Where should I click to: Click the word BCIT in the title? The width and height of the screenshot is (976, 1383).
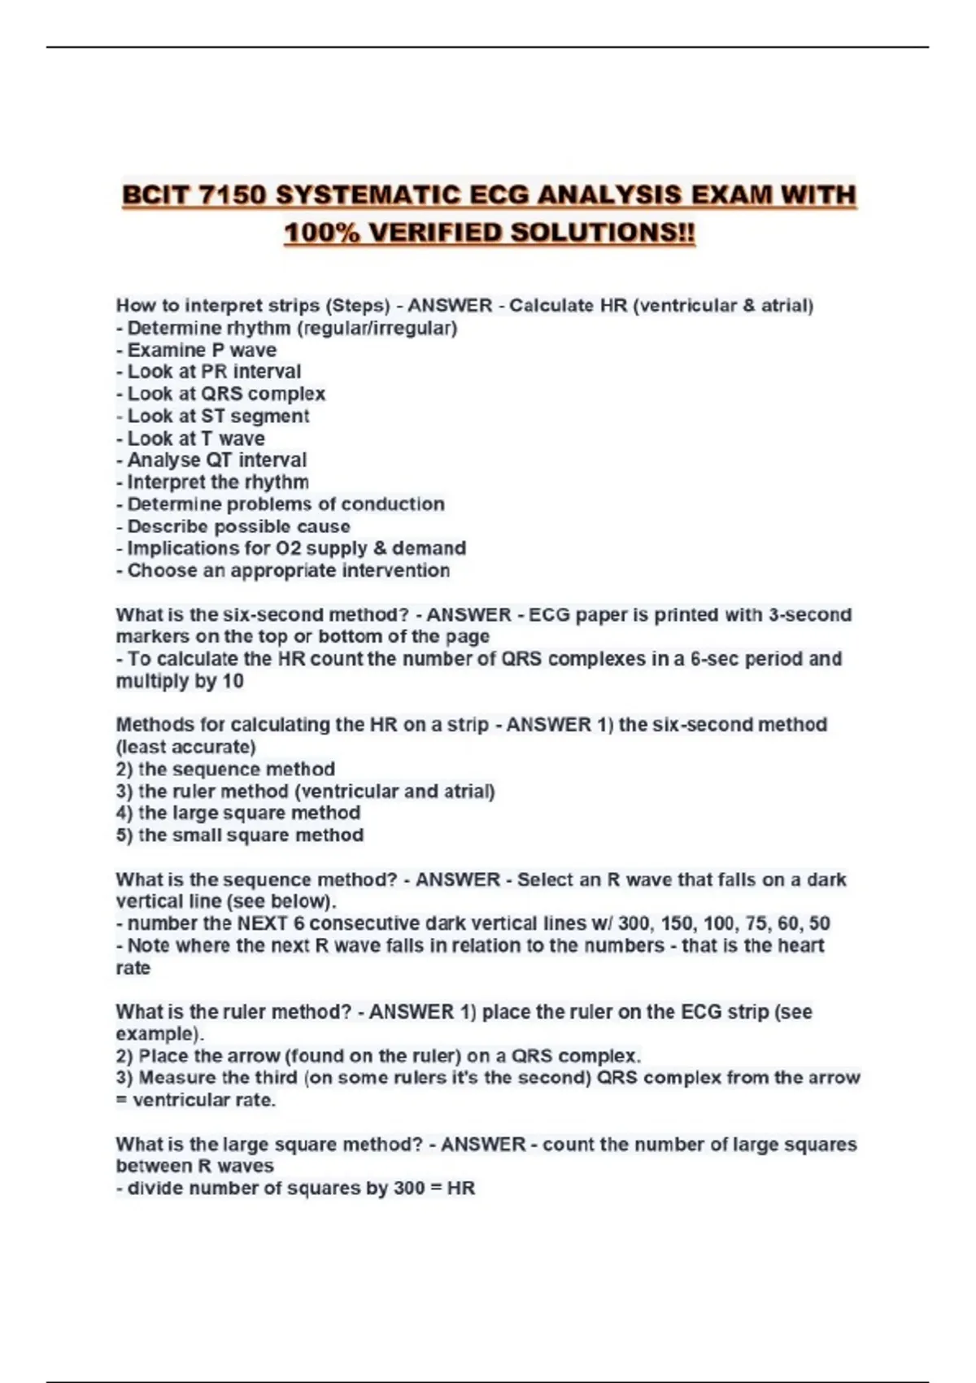(x=155, y=195)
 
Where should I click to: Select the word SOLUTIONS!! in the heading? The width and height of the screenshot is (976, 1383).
(x=603, y=233)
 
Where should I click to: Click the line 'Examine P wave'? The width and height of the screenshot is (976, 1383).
(x=201, y=350)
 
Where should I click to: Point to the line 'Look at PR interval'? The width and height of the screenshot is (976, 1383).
(x=213, y=372)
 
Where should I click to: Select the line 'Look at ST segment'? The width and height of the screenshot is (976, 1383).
(x=217, y=416)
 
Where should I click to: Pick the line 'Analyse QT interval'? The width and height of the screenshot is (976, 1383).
(x=216, y=460)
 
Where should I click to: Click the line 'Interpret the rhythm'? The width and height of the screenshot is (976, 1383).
(x=217, y=482)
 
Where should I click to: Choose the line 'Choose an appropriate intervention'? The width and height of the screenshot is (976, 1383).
(x=288, y=570)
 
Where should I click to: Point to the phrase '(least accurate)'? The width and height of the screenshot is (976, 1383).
(x=185, y=747)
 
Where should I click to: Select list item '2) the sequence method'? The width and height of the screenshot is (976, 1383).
(x=225, y=769)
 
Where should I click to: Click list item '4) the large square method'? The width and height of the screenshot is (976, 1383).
(x=237, y=813)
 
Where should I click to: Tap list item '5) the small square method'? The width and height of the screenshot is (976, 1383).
(x=239, y=835)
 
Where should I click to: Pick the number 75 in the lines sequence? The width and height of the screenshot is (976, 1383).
(x=756, y=923)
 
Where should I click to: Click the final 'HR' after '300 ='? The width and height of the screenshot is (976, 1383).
(x=461, y=1189)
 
